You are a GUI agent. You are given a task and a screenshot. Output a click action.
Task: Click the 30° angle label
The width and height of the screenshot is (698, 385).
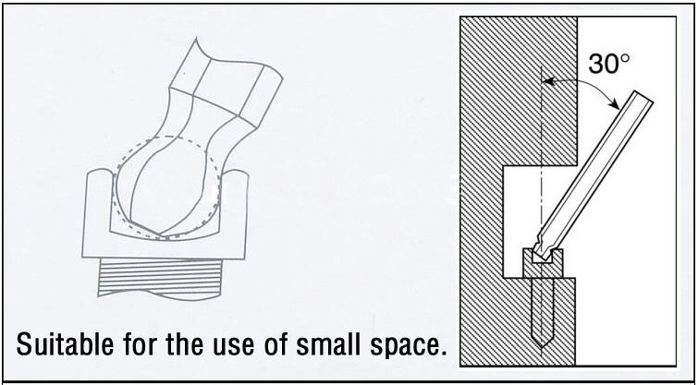[609, 64]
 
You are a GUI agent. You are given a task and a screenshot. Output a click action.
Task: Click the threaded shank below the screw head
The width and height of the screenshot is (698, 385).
[160, 279]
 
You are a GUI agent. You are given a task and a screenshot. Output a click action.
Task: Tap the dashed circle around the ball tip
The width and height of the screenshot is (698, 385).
[167, 187]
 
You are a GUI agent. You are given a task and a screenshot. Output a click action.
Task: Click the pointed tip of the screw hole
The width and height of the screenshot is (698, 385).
[541, 347]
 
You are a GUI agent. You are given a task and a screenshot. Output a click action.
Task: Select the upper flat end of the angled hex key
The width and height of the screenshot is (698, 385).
[643, 96]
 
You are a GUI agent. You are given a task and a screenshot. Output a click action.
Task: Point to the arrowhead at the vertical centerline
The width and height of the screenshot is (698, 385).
[547, 81]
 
